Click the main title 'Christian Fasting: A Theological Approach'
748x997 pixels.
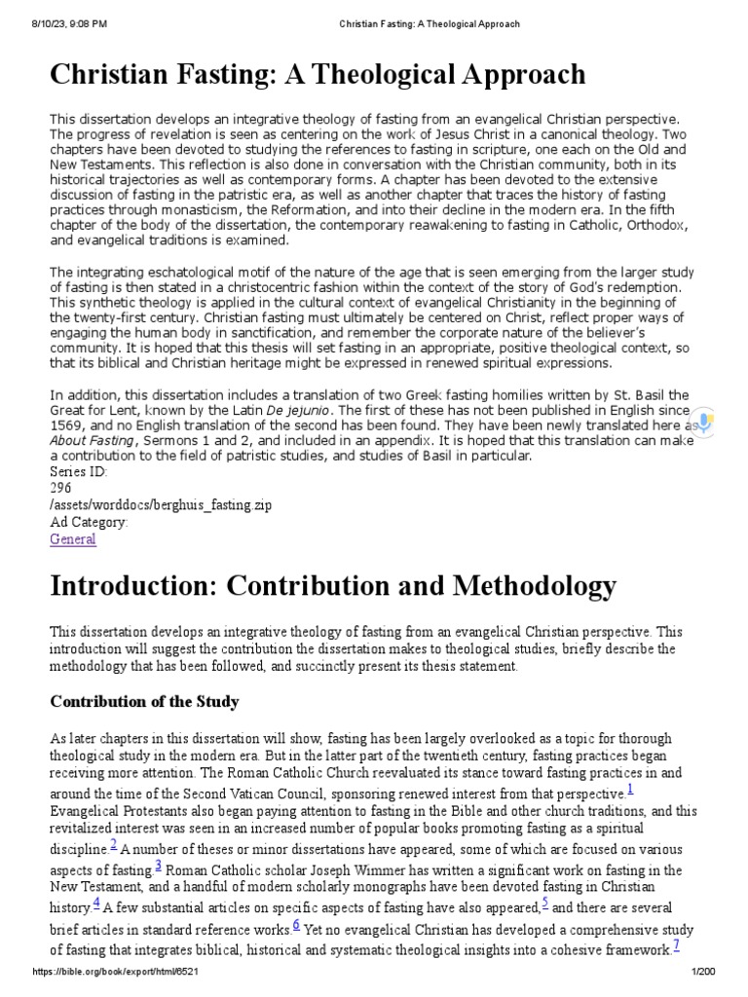(x=318, y=74)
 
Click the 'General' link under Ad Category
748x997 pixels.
(x=73, y=538)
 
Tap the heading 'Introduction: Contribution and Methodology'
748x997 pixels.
(x=333, y=585)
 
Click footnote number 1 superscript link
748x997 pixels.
(x=630, y=789)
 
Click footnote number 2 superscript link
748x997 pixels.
(x=114, y=843)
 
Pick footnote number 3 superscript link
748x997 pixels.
(x=158, y=865)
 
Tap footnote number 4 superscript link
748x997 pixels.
(x=95, y=902)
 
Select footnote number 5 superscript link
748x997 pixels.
(x=545, y=902)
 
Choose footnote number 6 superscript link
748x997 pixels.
(x=295, y=923)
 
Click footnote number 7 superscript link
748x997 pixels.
(x=675, y=944)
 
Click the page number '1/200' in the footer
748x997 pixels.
(x=703, y=974)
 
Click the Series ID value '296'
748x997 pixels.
(x=60, y=489)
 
